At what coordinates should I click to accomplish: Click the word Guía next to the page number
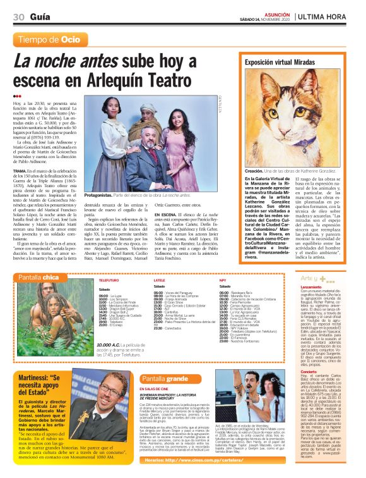point(41,16)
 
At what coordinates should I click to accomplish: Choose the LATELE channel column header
point(160,279)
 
